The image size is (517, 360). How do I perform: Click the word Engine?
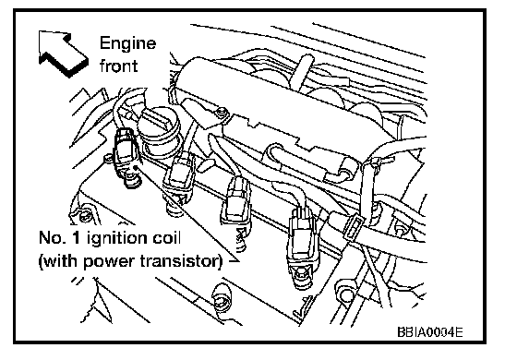[x=127, y=44]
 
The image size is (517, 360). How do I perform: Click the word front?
[x=119, y=65]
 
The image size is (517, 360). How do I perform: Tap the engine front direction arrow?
[x=63, y=53]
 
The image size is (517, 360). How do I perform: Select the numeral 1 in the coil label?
[x=76, y=238]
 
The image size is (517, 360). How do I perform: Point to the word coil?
[x=166, y=237]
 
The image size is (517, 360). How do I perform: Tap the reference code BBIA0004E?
[x=430, y=331]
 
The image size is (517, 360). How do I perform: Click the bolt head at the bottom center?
[x=221, y=296]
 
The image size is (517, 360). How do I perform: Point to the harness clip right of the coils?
[x=354, y=227]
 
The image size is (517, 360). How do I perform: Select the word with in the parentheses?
[x=61, y=261]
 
